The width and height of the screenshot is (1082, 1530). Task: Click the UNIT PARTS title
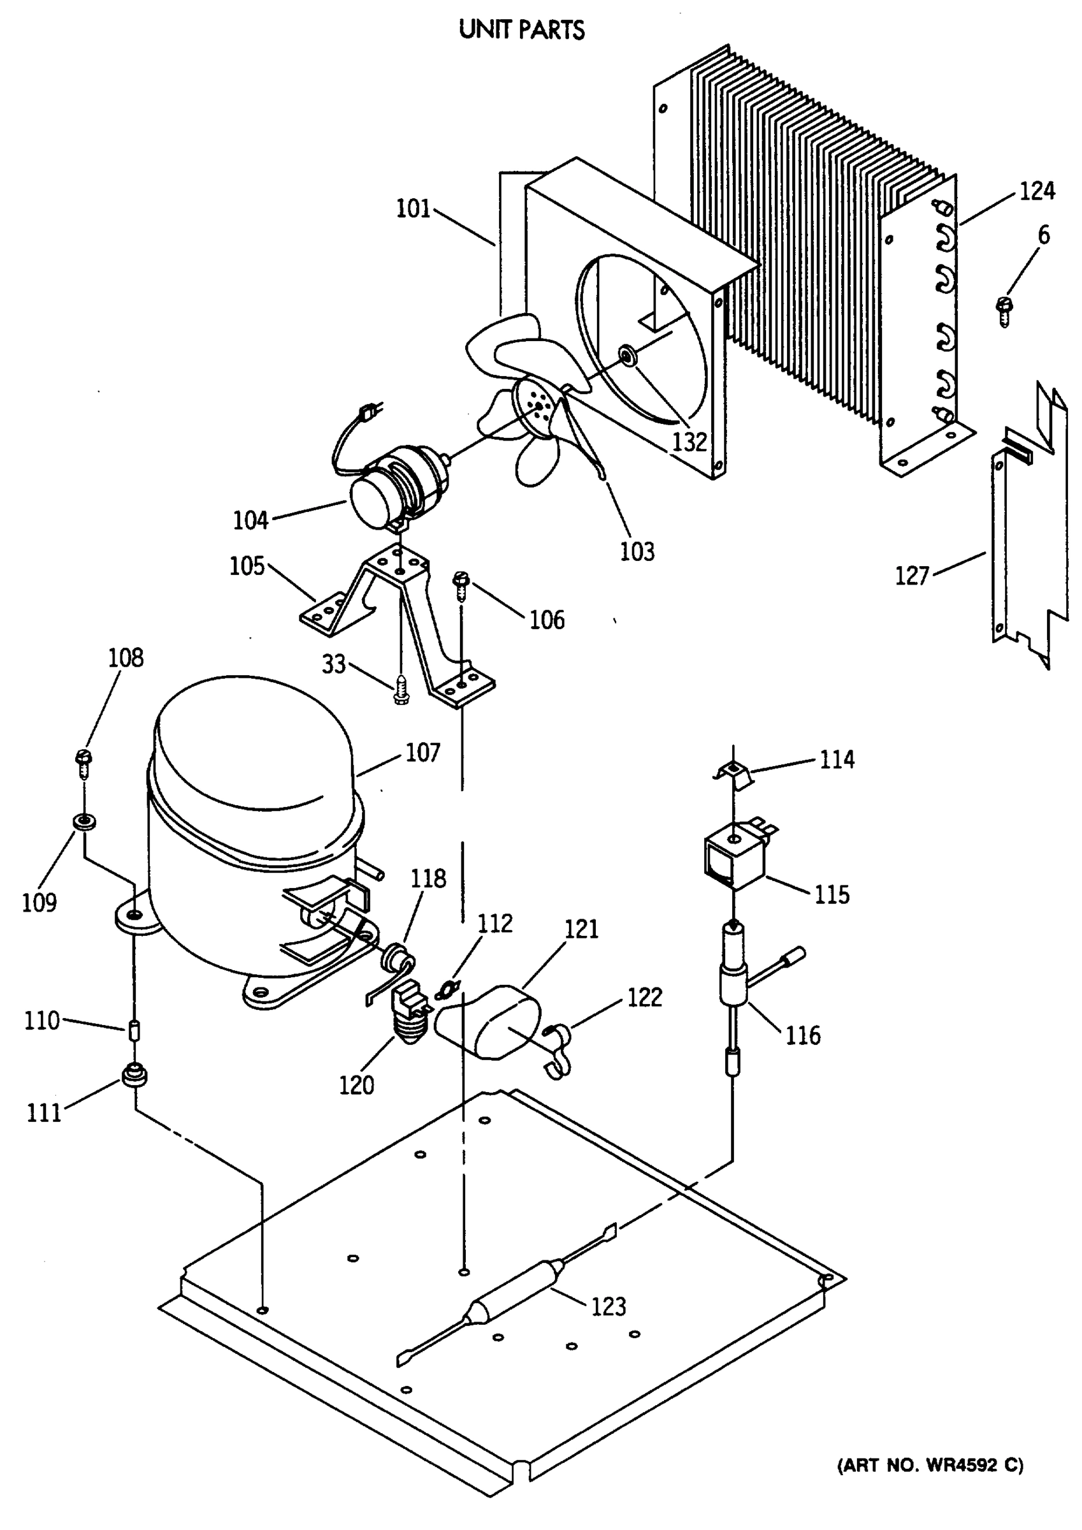(x=522, y=30)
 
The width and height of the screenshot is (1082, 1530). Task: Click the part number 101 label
(x=413, y=209)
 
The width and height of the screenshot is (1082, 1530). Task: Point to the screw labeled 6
(x=1002, y=310)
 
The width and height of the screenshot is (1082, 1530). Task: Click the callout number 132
(x=689, y=441)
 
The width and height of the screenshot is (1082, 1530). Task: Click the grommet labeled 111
(x=134, y=1075)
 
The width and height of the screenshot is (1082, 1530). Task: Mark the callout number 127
(x=911, y=575)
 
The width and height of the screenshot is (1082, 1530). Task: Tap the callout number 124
(x=1037, y=191)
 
